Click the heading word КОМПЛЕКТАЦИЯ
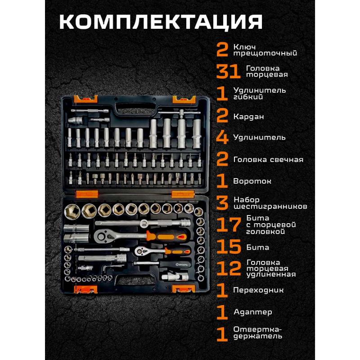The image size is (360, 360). pyautogui.click(x=161, y=21)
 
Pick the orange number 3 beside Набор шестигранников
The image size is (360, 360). pyautogui.click(x=222, y=203)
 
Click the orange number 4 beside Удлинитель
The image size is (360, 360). pyautogui.click(x=222, y=137)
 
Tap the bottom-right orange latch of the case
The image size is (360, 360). pyautogui.click(x=181, y=289)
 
